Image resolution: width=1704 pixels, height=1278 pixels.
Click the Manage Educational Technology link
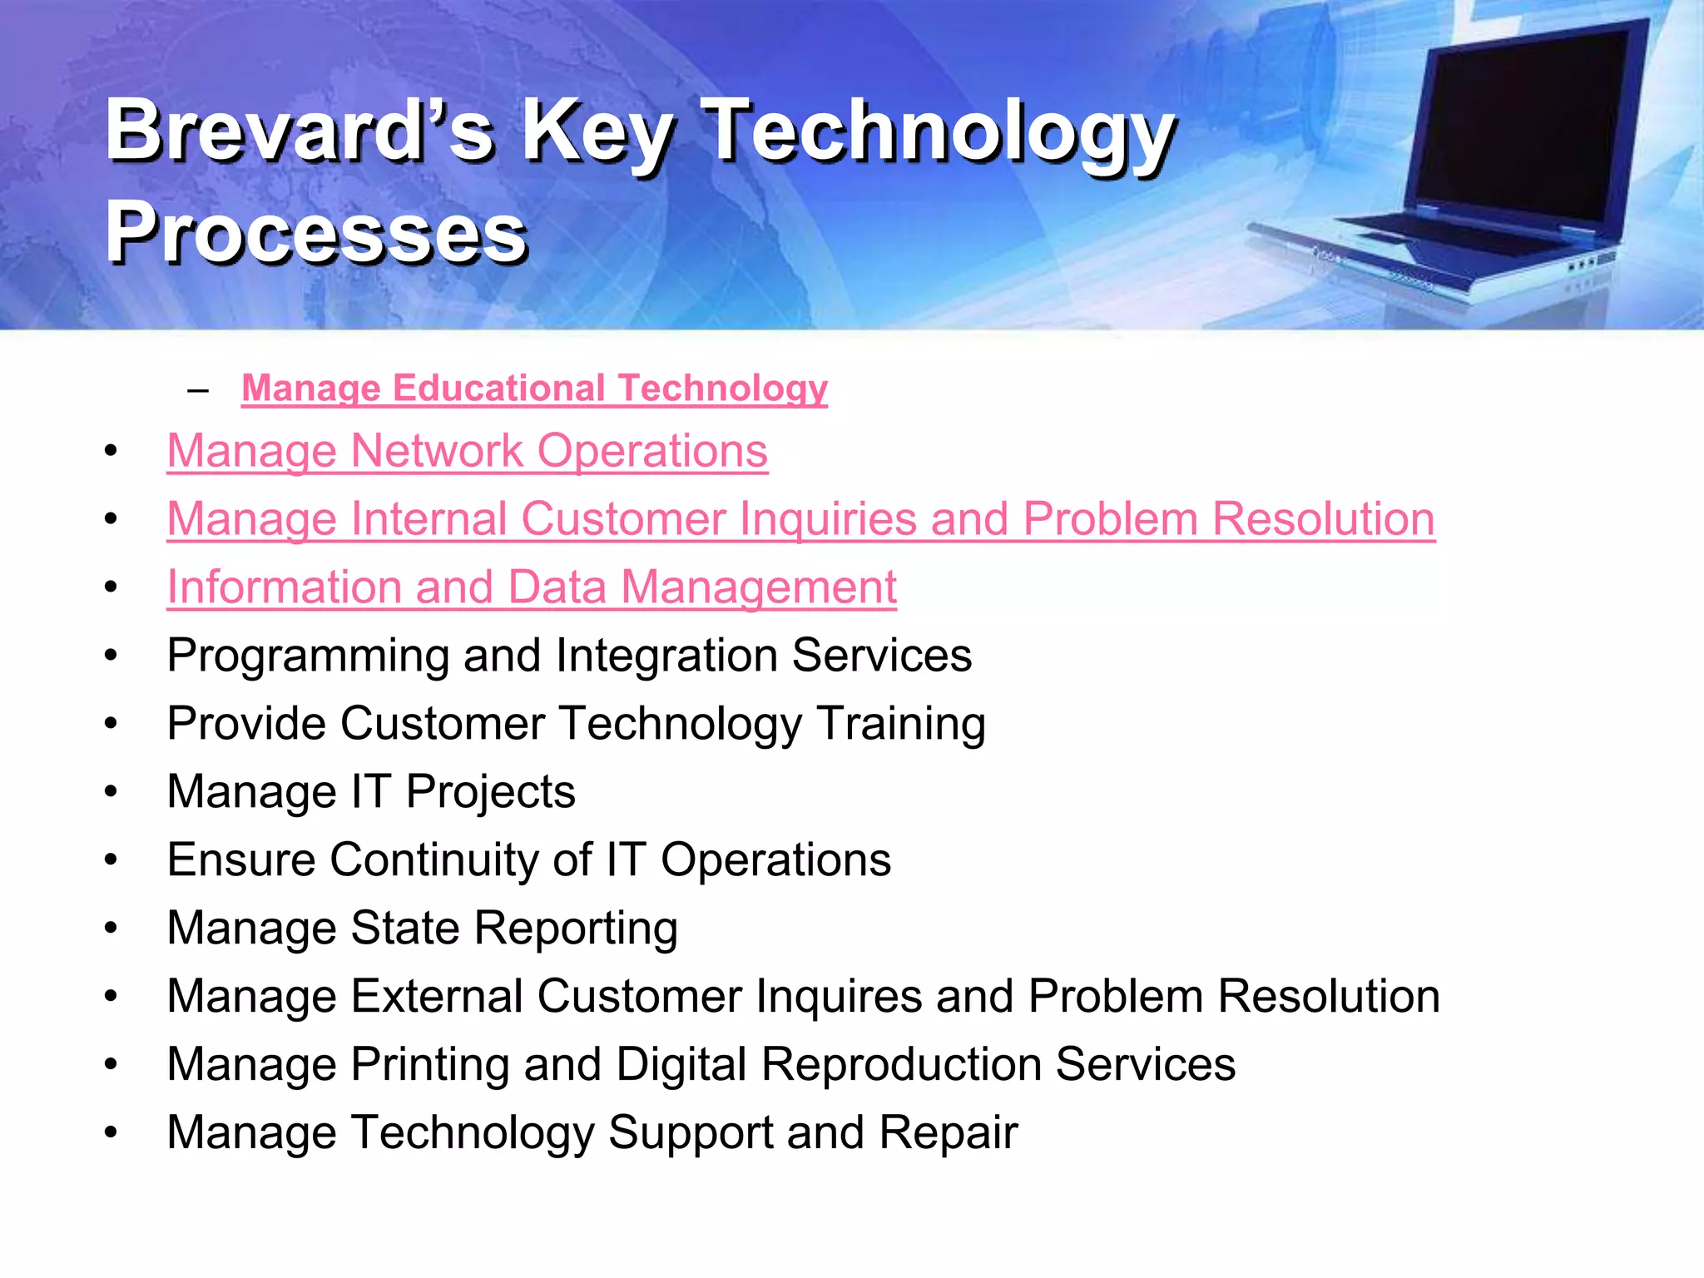pyautogui.click(x=534, y=389)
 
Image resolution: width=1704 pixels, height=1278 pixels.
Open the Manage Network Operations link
pyautogui.click(x=467, y=451)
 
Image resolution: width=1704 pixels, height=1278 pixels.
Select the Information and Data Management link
pyautogui.click(x=531, y=587)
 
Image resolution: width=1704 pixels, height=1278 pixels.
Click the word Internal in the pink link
pyautogui.click(x=428, y=519)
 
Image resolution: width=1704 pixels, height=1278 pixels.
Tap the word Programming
pyautogui.click(x=308, y=656)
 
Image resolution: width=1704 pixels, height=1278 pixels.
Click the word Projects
pyautogui.click(x=491, y=792)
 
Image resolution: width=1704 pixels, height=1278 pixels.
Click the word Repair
pyautogui.click(x=948, y=1133)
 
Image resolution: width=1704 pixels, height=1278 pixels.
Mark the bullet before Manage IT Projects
pyautogui.click(x=111, y=792)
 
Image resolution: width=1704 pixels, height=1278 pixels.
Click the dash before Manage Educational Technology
pyautogui.click(x=198, y=389)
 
